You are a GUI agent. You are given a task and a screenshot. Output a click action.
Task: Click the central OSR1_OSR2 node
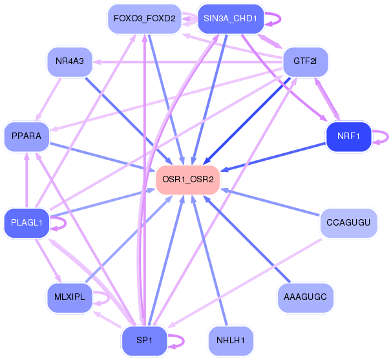(187, 180)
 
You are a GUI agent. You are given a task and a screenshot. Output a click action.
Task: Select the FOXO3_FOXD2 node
(144, 19)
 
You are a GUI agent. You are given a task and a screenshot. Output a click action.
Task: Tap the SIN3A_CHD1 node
(231, 19)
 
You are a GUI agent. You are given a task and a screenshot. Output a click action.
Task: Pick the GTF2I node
(305, 61)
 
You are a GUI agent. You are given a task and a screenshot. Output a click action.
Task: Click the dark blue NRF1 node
(348, 136)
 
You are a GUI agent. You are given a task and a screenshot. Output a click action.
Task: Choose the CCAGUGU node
(348, 222)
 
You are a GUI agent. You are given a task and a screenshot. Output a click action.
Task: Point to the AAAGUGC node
(305, 297)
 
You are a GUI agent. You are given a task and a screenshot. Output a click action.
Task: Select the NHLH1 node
(231, 341)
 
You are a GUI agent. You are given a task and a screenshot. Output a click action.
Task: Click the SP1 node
(144, 341)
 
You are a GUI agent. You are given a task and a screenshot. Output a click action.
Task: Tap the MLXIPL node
(70, 297)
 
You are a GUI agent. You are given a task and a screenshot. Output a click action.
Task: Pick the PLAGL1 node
(26, 222)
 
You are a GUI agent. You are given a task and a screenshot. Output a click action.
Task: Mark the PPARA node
(26, 136)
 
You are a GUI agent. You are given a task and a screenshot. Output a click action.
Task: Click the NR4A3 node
(70, 61)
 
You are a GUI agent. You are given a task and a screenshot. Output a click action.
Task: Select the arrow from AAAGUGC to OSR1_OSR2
(247, 239)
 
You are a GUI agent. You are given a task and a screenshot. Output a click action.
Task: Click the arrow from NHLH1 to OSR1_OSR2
(209, 260)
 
